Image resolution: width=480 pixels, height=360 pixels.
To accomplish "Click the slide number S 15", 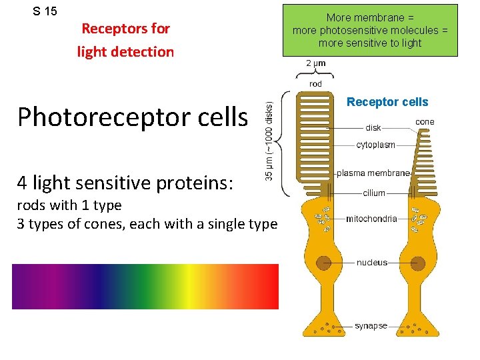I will tap(45, 11).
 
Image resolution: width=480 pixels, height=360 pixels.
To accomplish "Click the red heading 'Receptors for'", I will tap(125, 29).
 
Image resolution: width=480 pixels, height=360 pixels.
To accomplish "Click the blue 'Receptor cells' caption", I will tap(387, 102).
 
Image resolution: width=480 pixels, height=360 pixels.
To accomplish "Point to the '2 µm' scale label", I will tap(316, 63).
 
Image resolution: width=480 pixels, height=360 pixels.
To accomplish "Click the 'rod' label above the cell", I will tap(316, 84).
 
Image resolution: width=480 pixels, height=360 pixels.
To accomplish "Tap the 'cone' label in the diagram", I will tap(425, 122).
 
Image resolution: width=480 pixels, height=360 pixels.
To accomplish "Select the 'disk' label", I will tap(373, 128).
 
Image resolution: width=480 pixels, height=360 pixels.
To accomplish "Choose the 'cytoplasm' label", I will tap(375, 145).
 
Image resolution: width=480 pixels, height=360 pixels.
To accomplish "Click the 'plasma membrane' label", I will tap(373, 173).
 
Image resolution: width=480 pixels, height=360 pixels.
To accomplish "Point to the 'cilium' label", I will tap(374, 193).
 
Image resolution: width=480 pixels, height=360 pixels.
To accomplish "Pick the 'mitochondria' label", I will tap(371, 219).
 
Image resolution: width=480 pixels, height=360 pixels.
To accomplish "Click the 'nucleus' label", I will tap(371, 263).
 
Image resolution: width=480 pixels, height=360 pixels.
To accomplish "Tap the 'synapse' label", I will tap(371, 326).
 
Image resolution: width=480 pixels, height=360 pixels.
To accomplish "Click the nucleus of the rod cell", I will tap(324, 263).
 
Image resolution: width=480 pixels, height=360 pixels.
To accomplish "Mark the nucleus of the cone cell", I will tap(419, 263).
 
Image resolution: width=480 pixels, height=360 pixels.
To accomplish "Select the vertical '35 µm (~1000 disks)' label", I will tap(269, 141).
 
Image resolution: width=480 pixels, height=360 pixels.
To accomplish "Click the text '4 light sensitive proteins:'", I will tap(125, 181).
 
